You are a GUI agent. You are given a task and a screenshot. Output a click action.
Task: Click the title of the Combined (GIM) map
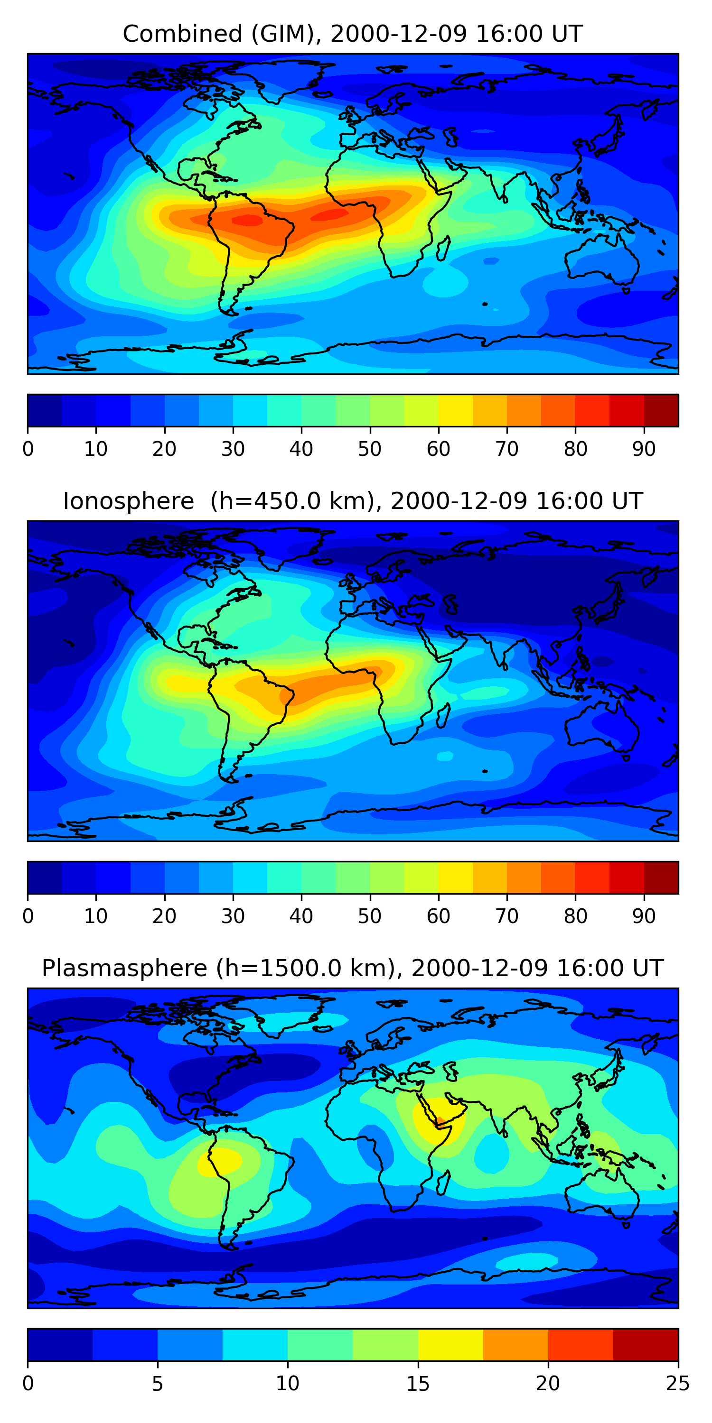point(352,34)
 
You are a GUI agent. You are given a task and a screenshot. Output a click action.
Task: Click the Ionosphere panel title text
point(352,501)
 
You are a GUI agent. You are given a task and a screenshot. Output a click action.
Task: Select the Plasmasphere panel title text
point(352,969)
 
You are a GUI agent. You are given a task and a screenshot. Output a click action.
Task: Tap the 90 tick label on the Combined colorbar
point(644,449)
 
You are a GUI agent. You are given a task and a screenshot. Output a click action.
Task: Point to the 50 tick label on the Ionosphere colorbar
point(369,916)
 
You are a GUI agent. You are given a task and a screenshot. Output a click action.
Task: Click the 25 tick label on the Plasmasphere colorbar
point(678,1384)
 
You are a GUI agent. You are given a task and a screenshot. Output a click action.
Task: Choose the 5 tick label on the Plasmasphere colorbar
point(158,1384)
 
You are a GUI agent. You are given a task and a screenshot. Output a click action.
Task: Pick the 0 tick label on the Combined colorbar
point(28,449)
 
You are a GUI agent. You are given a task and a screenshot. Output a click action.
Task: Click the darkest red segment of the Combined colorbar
point(661,410)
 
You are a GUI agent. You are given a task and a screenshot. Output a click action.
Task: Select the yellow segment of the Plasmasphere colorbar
point(450,1345)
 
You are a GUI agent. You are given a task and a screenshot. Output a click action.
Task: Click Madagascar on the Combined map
point(443,249)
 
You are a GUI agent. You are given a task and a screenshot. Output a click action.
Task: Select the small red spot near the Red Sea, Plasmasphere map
point(440,1121)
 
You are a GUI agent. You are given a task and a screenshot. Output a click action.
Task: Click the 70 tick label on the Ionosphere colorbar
point(506,916)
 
